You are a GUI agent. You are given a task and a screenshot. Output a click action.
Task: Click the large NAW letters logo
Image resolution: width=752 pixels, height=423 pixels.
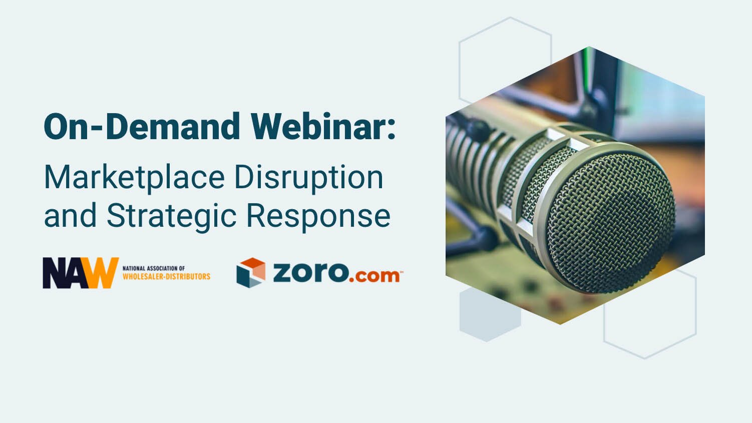80,273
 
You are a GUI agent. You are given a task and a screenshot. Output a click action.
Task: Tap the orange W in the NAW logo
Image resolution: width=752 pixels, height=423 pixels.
103,273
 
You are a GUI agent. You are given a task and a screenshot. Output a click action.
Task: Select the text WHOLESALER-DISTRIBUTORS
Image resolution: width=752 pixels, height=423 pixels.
166,276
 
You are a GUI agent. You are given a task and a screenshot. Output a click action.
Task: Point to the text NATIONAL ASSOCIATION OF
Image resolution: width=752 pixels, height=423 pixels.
154,268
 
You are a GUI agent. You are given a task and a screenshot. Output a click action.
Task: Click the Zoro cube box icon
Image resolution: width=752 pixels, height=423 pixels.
251,272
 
